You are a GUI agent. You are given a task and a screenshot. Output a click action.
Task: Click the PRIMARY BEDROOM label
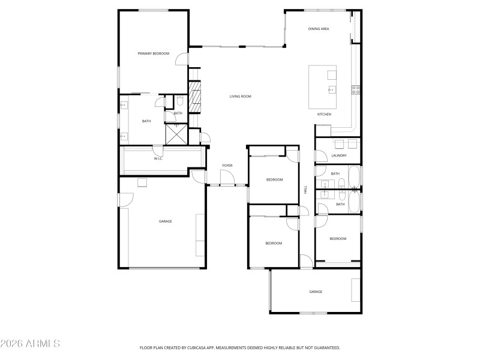(x=154, y=54)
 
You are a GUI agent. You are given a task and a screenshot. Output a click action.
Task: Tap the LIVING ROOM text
(x=240, y=96)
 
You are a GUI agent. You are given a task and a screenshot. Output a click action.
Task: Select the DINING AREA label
(x=319, y=29)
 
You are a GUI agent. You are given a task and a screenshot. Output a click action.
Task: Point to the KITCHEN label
(x=324, y=114)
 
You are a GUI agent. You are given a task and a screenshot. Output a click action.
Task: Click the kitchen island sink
(x=331, y=90)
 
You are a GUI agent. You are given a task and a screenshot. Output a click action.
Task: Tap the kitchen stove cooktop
(x=355, y=90)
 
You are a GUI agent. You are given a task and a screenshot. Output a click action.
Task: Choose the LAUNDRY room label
(x=339, y=155)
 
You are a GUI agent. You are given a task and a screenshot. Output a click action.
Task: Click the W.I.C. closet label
(x=158, y=158)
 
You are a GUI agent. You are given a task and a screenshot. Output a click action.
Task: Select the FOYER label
(x=227, y=165)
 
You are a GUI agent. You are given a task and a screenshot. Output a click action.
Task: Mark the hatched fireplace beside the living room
(x=194, y=97)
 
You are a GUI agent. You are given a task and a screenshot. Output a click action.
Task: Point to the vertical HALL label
(x=305, y=189)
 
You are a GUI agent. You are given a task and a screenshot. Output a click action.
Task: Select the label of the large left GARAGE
(x=165, y=221)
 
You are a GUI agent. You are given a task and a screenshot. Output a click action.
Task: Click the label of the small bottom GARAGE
(x=316, y=292)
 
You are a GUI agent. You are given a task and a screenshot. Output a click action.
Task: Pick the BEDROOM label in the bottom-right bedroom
(x=338, y=239)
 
